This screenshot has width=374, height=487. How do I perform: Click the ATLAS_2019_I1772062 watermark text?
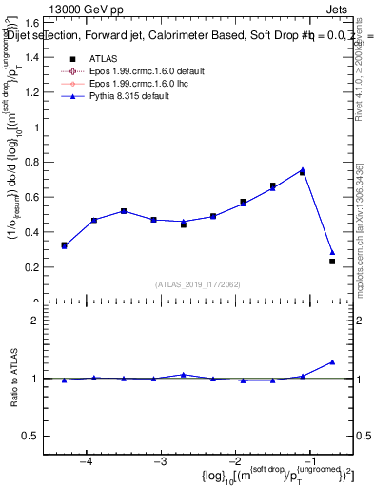(197, 284)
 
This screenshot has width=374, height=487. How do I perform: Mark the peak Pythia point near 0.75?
(303, 170)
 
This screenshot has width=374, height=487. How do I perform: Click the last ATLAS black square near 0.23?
(332, 261)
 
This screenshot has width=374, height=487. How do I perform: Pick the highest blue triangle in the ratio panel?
(332, 362)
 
